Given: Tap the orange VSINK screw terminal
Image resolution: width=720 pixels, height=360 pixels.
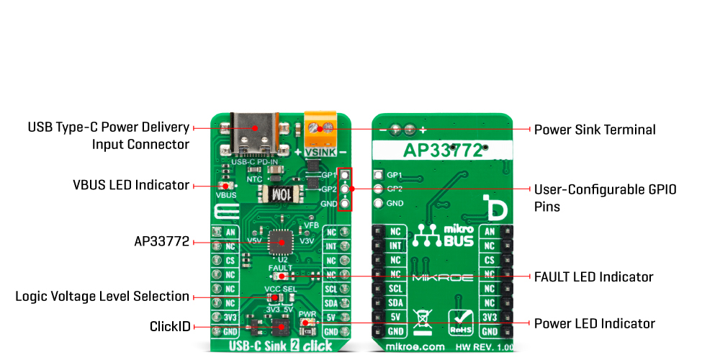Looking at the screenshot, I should click(x=323, y=131).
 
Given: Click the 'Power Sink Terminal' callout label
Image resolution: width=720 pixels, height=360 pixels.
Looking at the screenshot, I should click(x=594, y=130).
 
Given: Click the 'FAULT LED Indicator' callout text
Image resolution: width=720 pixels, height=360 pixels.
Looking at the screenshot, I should click(x=593, y=276).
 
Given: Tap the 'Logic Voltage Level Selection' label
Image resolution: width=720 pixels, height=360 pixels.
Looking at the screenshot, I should click(x=102, y=297).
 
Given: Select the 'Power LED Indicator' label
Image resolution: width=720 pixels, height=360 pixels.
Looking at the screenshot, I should click(x=594, y=323).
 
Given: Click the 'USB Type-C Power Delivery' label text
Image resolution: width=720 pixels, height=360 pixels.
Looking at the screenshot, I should click(x=109, y=127).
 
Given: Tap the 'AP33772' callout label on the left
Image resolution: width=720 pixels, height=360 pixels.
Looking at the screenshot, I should click(x=161, y=242).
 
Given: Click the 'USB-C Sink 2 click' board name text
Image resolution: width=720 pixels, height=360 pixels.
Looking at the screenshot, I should click(x=280, y=346).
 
